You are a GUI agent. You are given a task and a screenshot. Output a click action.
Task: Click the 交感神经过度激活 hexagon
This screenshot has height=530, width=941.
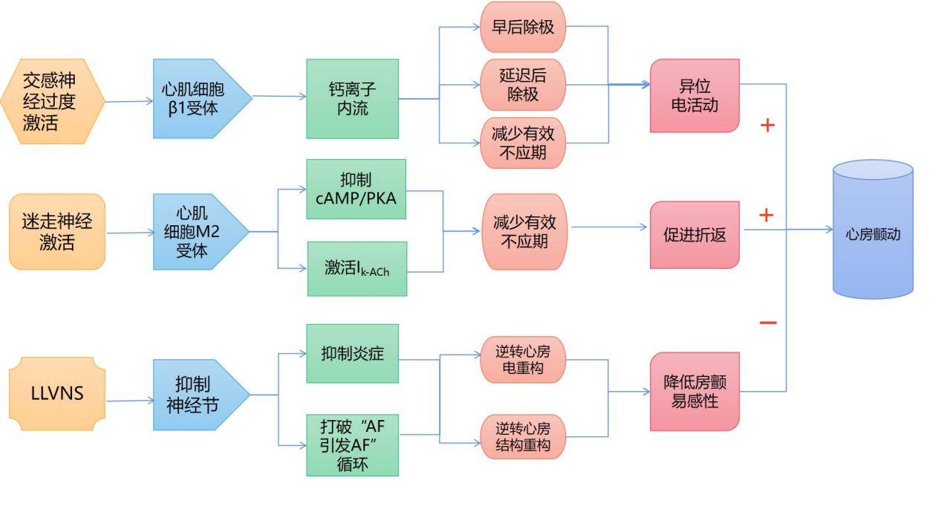(x=51, y=101)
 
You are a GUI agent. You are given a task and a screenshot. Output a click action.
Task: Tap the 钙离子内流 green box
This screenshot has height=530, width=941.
(x=352, y=99)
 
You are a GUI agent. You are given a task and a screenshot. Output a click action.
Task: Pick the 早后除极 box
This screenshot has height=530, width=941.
(x=523, y=27)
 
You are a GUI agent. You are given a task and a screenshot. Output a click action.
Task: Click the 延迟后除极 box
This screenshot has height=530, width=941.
(x=523, y=85)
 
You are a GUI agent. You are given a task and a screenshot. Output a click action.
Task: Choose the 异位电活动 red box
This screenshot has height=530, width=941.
(x=694, y=96)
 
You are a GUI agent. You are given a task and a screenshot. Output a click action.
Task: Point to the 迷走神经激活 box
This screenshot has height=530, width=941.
(x=56, y=232)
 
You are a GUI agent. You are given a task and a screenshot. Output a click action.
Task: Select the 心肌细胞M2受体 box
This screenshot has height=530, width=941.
(x=198, y=232)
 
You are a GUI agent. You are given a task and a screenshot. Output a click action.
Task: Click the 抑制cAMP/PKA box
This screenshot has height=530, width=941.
(x=356, y=190)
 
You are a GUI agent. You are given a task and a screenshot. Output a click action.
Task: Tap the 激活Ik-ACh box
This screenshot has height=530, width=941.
(x=357, y=268)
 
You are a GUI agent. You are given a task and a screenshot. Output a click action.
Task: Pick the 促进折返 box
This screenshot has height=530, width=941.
(x=694, y=235)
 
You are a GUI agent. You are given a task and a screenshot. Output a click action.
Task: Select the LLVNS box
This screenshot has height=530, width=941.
(x=57, y=393)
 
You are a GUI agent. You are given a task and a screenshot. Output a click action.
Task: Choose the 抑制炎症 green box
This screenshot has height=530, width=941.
(x=353, y=354)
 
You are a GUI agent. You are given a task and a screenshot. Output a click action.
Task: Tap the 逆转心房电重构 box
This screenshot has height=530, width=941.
(x=523, y=359)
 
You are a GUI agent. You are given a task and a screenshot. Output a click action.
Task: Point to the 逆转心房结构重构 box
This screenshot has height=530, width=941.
(x=523, y=437)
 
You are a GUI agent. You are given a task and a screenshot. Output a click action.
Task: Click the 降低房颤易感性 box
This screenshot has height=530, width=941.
(x=694, y=392)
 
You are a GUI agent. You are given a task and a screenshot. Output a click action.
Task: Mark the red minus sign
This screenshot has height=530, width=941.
(x=768, y=323)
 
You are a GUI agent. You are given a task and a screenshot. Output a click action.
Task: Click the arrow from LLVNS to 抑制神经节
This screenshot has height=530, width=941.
(x=130, y=401)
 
